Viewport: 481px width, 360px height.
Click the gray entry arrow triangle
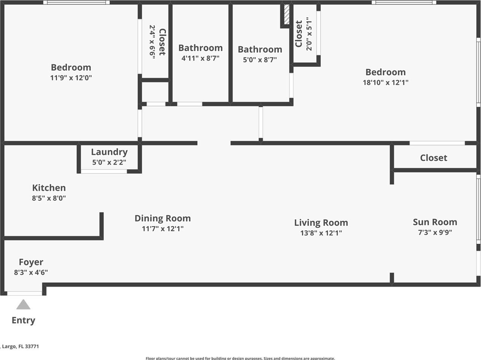click(x=23, y=304)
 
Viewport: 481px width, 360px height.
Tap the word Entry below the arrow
click(x=23, y=321)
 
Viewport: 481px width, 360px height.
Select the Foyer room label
click(x=31, y=262)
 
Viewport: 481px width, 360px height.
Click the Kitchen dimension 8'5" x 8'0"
click(x=49, y=198)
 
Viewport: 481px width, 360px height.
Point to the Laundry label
click(x=109, y=152)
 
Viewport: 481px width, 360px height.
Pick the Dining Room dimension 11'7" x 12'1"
click(x=162, y=229)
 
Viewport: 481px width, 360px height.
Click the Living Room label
click(x=321, y=223)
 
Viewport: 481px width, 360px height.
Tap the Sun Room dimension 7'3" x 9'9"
click(x=435, y=232)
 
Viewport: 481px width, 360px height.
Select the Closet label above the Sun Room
click(x=433, y=158)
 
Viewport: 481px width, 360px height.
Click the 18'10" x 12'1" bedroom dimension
click(x=386, y=82)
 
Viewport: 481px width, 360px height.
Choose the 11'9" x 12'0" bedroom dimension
click(x=71, y=78)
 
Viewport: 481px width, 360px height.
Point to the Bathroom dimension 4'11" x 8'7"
click(x=200, y=58)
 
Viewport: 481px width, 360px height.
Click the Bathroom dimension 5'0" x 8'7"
click(x=260, y=60)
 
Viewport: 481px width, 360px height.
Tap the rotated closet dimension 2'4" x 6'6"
click(x=152, y=42)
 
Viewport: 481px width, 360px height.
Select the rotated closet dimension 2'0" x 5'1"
click(x=309, y=34)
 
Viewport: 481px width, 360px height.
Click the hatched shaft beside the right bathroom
click(x=286, y=15)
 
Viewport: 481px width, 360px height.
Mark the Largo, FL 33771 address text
click(x=20, y=346)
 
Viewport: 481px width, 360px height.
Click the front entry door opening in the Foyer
click(x=24, y=293)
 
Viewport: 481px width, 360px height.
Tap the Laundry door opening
click(x=104, y=171)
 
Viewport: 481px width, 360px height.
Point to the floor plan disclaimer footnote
click(x=240, y=358)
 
